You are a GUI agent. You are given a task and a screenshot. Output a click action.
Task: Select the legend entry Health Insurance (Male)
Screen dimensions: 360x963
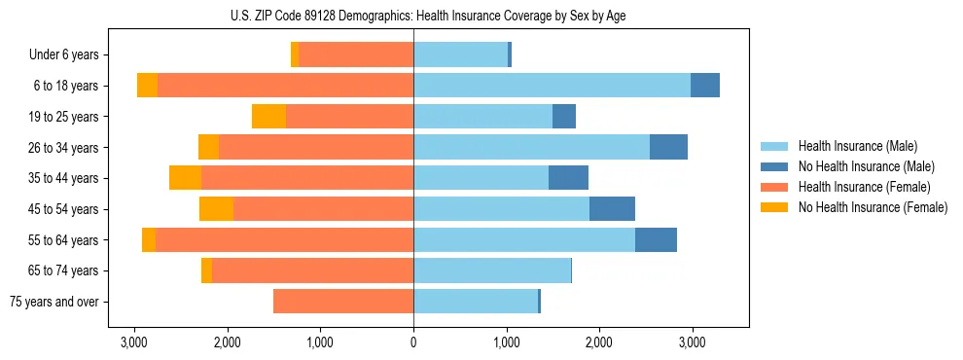851,146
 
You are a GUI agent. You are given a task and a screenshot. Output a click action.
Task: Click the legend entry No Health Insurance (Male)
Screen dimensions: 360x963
859,166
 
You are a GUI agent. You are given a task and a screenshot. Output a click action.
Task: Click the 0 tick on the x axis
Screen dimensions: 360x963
413,342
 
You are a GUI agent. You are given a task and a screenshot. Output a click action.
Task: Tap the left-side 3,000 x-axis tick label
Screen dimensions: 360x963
134,342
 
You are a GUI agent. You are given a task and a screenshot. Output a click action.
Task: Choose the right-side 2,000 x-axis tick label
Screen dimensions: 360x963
599,342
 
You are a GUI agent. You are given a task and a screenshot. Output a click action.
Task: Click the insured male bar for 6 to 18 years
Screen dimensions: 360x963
552,86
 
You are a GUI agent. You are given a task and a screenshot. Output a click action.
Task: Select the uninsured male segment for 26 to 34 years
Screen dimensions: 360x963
668,148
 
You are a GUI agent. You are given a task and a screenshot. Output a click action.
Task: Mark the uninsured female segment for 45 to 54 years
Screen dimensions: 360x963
216,209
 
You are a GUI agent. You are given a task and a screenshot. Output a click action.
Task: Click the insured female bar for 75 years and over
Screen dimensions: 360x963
343,302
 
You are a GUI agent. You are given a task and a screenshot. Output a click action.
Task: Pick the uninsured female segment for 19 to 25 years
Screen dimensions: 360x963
268,117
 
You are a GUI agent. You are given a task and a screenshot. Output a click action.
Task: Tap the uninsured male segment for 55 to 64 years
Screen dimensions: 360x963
656,240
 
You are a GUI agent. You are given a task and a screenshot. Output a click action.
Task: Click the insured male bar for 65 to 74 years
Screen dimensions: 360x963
492,270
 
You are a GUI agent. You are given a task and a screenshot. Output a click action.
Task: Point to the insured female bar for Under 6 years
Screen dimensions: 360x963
356,55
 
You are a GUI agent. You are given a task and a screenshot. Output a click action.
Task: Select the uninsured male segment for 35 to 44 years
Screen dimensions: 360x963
568,178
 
